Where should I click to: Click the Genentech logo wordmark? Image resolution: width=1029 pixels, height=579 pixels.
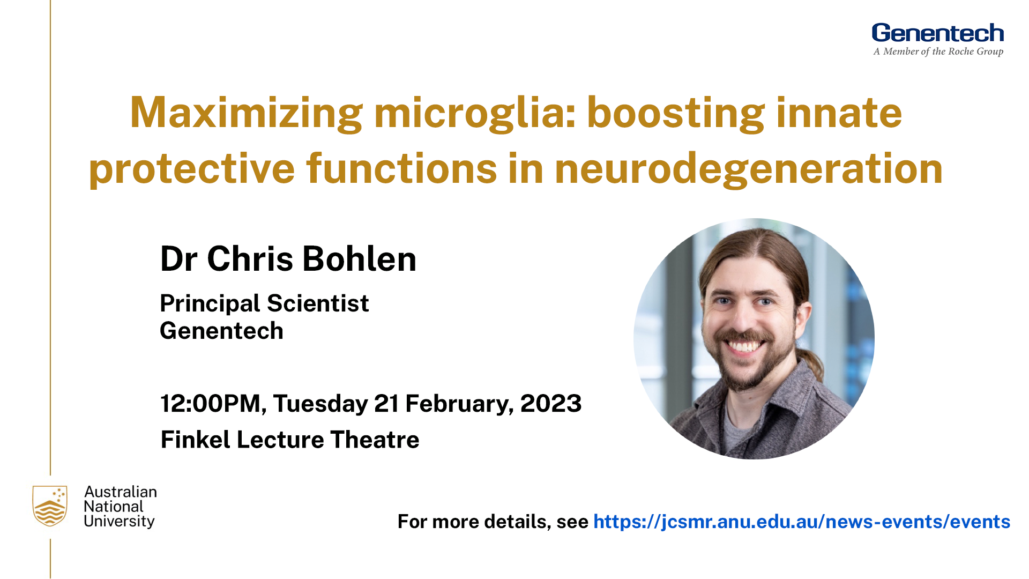[937, 33]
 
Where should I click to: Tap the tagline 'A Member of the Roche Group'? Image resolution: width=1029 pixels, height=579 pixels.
[938, 51]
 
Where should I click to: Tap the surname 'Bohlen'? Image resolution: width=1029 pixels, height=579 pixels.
[359, 259]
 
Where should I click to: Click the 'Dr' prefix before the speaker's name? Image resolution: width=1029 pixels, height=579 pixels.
[179, 259]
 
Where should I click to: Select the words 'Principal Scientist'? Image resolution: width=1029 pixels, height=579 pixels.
[264, 304]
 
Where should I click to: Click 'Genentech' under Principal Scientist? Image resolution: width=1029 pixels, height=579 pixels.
[221, 331]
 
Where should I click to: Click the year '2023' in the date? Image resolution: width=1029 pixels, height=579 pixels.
[550, 403]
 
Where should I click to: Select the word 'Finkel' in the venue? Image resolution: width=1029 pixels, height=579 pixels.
[195, 440]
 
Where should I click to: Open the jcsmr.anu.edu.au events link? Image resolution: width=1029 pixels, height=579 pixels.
[802, 522]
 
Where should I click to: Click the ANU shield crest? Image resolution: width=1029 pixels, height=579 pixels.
[50, 506]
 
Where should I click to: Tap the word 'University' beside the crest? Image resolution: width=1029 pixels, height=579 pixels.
[119, 521]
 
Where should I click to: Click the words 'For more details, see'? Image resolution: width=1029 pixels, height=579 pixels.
[493, 522]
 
